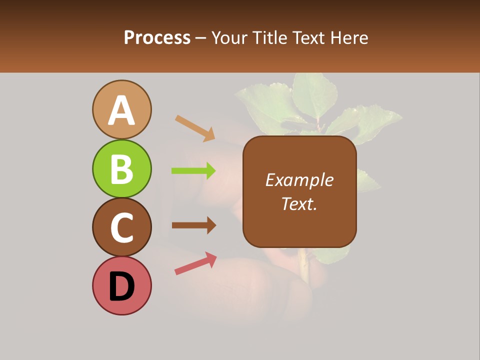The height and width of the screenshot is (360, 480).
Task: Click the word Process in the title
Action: [x=157, y=38]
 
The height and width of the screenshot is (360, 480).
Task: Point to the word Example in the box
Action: [x=299, y=180]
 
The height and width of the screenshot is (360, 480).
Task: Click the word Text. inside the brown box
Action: [x=299, y=203]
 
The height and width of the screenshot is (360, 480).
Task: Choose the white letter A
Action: [x=121, y=110]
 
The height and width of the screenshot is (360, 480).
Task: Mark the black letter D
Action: [x=121, y=286]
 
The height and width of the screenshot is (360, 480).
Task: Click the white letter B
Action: [x=121, y=169]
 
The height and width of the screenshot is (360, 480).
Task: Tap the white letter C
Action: [x=121, y=227]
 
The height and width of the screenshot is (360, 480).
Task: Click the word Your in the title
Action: [x=230, y=38]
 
